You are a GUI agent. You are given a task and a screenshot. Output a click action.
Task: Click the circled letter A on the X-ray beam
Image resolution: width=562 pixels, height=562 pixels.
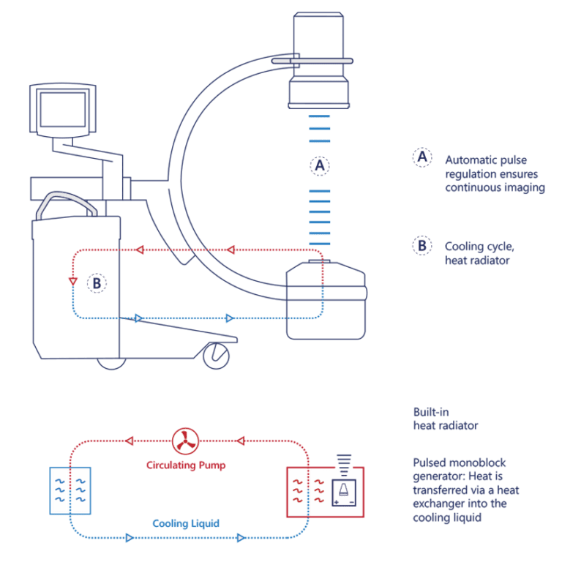point(318,166)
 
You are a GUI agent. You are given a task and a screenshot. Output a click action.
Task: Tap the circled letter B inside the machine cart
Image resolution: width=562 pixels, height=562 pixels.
point(97,282)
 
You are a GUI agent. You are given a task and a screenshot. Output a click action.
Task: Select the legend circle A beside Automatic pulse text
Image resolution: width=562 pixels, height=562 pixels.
point(421,158)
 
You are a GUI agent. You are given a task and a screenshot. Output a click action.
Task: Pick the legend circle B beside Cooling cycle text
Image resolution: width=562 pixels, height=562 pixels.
point(421,245)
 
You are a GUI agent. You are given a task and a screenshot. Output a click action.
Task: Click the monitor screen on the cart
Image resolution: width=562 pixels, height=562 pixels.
point(62,110)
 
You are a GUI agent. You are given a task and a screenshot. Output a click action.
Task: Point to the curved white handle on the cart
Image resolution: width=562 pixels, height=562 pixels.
point(67,203)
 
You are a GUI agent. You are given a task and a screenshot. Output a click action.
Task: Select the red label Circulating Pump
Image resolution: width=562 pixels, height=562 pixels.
point(186,465)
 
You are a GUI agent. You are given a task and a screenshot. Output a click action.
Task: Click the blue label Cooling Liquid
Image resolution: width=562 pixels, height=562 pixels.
point(186,523)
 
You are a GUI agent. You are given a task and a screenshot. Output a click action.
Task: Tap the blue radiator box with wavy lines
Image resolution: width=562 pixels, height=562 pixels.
point(70,490)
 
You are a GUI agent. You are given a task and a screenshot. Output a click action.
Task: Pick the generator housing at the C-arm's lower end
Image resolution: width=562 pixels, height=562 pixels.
point(325,301)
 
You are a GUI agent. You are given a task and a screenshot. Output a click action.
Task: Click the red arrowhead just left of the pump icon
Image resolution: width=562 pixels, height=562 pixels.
point(130,441)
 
